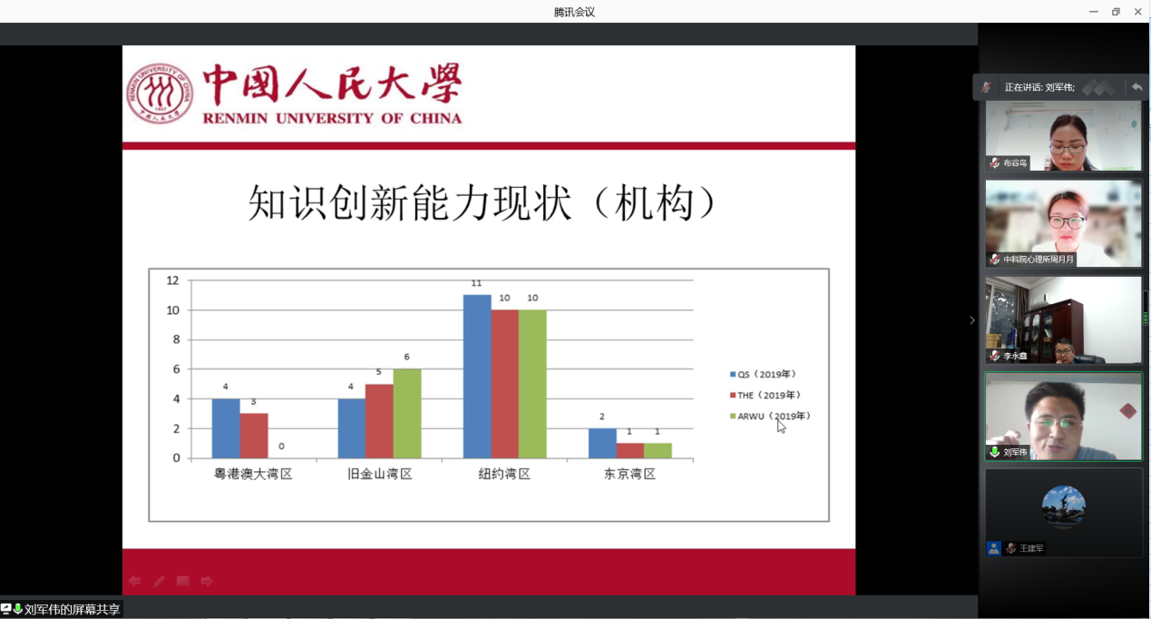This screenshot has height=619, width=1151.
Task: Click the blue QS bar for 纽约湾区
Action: click(x=477, y=377)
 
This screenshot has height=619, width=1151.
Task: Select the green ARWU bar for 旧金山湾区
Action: click(x=407, y=413)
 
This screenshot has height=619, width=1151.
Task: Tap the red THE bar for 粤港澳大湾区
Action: click(x=254, y=436)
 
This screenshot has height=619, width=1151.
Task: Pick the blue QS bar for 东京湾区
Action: click(x=602, y=443)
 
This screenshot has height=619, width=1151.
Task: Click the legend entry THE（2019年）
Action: click(x=765, y=395)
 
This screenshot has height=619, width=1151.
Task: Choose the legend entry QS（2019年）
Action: click(x=763, y=374)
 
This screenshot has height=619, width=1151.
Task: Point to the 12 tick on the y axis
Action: click(x=172, y=280)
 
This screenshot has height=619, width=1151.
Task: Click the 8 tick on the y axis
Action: click(x=176, y=339)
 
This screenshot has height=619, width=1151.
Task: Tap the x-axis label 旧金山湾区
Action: click(x=380, y=474)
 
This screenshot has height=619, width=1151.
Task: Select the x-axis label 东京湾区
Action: click(x=630, y=474)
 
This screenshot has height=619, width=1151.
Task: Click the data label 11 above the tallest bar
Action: click(x=476, y=283)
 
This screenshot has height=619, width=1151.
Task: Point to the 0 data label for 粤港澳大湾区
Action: click(x=281, y=447)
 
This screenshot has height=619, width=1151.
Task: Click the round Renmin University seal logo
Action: click(x=160, y=93)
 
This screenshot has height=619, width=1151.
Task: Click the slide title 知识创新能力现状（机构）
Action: click(x=482, y=202)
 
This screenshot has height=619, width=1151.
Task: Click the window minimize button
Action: click(x=1094, y=11)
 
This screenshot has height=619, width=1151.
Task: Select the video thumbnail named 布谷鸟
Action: click(x=1063, y=136)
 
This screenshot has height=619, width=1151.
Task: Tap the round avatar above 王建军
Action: click(x=1063, y=506)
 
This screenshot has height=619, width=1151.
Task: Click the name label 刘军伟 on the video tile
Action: click(x=1015, y=452)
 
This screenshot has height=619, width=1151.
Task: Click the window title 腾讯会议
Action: click(x=574, y=12)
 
